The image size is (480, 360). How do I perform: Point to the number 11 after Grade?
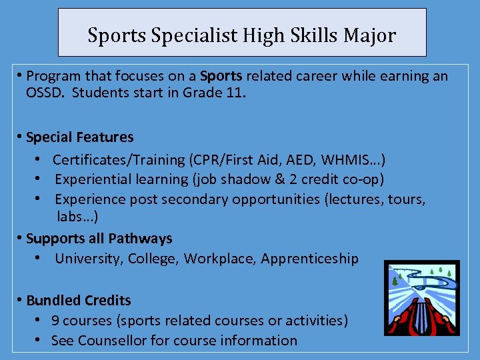[x=235, y=92]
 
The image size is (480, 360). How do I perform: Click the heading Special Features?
[x=79, y=137]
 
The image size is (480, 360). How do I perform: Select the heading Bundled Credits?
[x=78, y=301]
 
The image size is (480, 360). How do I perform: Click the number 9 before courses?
[x=55, y=321]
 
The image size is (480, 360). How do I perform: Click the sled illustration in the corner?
[x=421, y=297]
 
